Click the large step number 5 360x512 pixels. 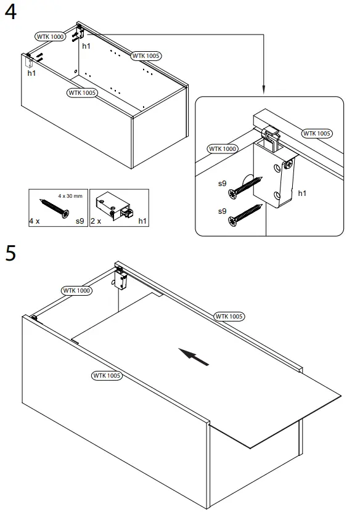tap(10, 253)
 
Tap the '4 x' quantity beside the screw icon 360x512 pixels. tap(34, 220)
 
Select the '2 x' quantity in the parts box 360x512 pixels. tap(95, 220)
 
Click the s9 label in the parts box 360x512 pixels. tap(80, 220)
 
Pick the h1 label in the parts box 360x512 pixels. tap(142, 220)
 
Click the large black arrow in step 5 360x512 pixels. tap(193, 356)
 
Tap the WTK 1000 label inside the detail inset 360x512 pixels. tap(223, 149)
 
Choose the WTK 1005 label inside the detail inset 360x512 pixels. tap(317, 133)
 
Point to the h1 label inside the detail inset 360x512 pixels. tap(302, 193)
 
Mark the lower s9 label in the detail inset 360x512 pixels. tap(223, 211)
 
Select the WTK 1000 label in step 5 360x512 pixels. tap(76, 290)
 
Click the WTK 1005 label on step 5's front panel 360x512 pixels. tap(107, 375)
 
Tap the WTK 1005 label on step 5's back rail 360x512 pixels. tap(229, 316)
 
